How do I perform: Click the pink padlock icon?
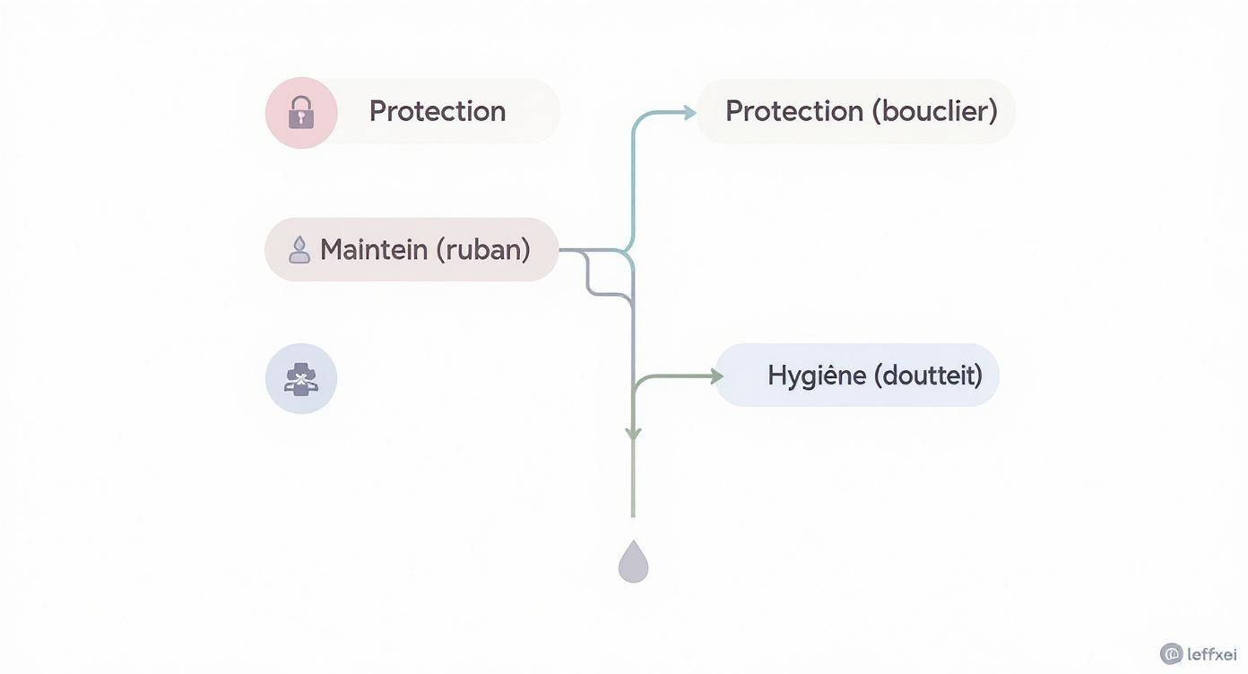301,113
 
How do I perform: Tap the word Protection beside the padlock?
438,111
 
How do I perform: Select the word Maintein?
374,249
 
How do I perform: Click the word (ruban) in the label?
483,249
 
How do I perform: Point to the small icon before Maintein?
299,249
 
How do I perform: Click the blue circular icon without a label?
301,379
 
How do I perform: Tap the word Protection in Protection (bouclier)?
794,111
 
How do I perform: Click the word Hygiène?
816,375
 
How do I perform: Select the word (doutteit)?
928,375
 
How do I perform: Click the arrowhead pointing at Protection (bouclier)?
689,112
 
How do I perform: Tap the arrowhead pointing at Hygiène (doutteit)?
716,376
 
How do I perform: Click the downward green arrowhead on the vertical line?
633,435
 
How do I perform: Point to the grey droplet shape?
633,562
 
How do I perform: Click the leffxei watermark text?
1211,654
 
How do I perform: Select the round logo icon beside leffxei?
1171,654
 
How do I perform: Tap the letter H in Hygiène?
776,375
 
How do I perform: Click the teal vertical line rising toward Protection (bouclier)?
633,179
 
